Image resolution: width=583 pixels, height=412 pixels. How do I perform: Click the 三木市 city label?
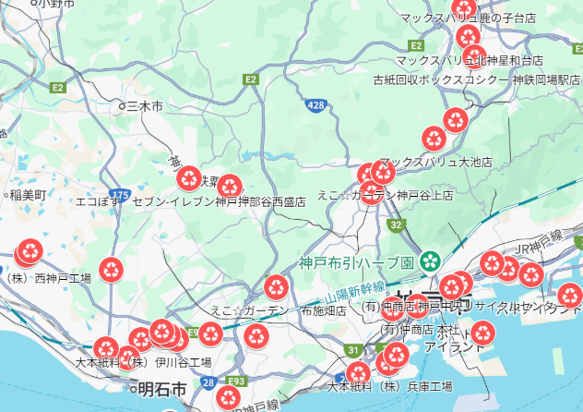pos(146,107)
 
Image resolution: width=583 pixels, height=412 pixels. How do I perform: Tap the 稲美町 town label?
pos(29,195)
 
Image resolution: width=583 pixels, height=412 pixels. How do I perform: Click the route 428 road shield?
pos(316,106)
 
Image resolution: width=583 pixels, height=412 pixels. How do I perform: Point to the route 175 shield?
pos(119,195)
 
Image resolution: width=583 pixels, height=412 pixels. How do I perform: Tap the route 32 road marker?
pos(396,224)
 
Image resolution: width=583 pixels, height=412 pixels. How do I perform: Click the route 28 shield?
pos(208,382)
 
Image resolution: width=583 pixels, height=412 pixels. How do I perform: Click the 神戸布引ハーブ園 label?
pos(357,261)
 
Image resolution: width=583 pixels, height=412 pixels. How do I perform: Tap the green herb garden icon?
pos(429,261)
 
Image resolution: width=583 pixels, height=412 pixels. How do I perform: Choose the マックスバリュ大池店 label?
pos(435,162)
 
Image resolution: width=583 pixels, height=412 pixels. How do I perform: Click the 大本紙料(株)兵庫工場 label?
pos(390,385)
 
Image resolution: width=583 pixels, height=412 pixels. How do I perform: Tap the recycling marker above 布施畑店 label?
pos(277,287)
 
